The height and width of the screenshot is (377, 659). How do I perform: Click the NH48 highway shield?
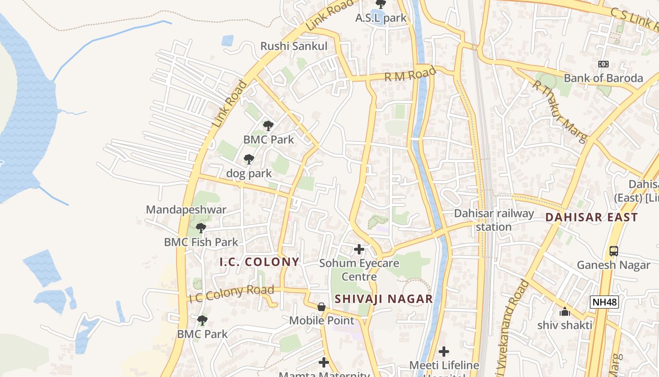click(604, 302)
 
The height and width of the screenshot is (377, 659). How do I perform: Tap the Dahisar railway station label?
click(494, 220)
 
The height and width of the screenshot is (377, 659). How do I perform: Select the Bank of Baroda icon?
click(603, 64)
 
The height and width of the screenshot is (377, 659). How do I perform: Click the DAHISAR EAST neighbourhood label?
click(592, 217)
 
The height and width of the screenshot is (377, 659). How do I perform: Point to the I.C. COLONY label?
click(259, 262)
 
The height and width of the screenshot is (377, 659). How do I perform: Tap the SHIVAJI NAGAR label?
click(384, 299)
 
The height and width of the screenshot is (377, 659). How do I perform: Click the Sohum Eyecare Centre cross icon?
click(359, 249)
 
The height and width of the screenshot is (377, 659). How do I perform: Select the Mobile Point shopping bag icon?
click(321, 307)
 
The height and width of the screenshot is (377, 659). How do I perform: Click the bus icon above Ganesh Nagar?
click(613, 251)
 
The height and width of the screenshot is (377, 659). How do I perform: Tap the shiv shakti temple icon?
click(564, 311)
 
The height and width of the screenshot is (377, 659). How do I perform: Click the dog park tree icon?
click(249, 159)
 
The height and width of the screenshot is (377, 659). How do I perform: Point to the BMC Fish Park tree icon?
click(201, 228)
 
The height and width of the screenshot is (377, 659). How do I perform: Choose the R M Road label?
click(410, 74)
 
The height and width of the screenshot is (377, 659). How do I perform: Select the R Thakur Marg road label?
click(560, 111)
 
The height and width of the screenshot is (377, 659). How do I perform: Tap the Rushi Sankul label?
click(294, 46)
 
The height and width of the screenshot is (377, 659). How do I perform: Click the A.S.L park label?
click(381, 18)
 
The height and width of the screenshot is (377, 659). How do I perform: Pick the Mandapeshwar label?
click(186, 210)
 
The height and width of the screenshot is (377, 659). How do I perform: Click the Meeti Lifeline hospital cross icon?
click(444, 352)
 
